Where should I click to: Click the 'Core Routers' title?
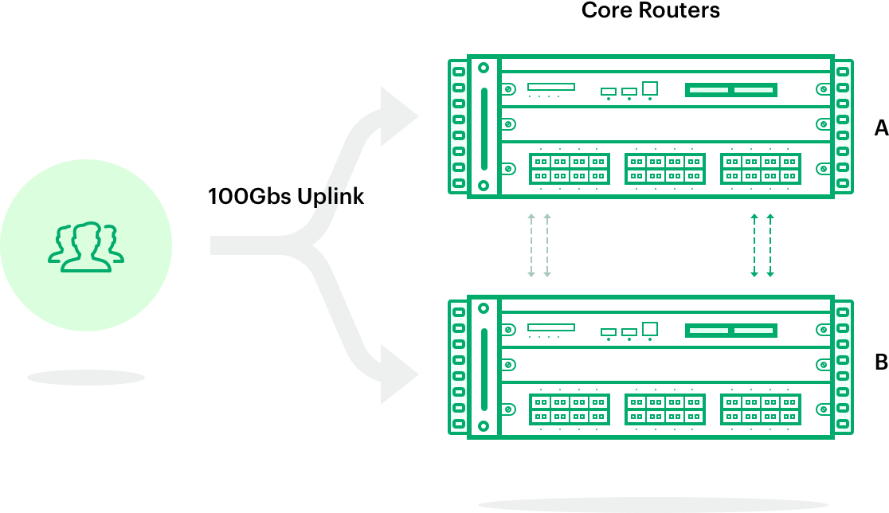pos(650,11)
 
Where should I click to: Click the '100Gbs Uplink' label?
pos(286,196)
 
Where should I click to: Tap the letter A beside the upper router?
pos(880,127)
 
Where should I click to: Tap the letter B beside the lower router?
pos(880,362)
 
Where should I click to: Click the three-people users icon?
pos(86,247)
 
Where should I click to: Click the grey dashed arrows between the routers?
pos(539,245)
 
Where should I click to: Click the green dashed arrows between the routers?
pos(762,245)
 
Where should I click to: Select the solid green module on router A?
pos(731,90)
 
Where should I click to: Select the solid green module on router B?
pos(731,330)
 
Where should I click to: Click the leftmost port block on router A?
pos(569,169)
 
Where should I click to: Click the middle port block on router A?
pos(664,169)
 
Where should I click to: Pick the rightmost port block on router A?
pos(760,169)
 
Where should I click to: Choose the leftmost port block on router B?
pos(569,409)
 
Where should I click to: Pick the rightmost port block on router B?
pos(760,409)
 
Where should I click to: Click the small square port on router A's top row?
pos(650,88)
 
